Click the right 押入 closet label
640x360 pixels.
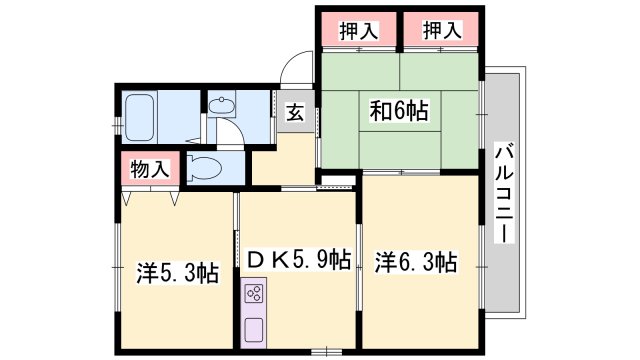pos(441,31)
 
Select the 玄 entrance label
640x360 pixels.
pos(296,112)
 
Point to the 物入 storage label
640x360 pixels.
pos(150,169)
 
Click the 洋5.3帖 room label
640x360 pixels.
pos(177,272)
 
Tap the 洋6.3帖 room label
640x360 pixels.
pos(417,262)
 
